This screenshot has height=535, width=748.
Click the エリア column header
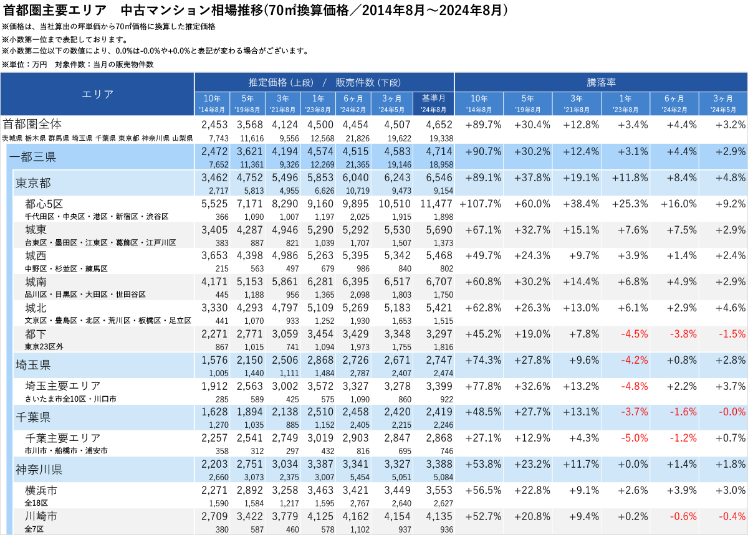(97, 94)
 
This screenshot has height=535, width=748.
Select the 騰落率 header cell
(601, 82)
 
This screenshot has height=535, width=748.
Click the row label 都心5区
(44, 204)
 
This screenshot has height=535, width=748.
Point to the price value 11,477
(435, 204)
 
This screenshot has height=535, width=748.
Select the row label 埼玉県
(33, 364)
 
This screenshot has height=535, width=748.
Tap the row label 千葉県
(33, 417)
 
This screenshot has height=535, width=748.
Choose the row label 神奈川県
(39, 469)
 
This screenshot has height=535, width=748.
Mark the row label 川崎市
(41, 516)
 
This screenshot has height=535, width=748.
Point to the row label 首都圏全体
(32, 124)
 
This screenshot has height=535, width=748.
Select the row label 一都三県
(33, 157)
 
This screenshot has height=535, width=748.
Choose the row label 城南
(36, 282)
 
